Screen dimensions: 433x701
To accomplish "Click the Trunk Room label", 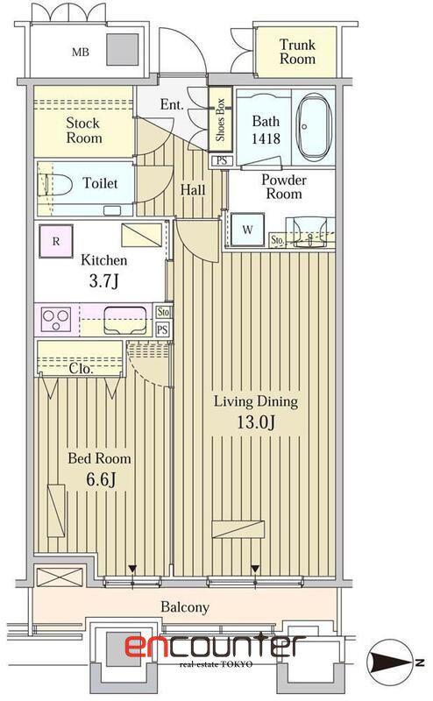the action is pyautogui.click(x=297, y=52).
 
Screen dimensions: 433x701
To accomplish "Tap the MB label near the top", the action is pyautogui.click(x=81, y=53).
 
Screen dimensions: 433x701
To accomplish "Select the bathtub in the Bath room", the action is pyautogui.click(x=315, y=127).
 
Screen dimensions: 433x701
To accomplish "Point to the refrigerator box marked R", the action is pyautogui.click(x=56, y=242).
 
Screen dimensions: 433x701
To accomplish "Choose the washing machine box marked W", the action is pyautogui.click(x=247, y=230).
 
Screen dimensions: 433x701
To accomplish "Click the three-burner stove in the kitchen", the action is pyautogui.click(x=56, y=319).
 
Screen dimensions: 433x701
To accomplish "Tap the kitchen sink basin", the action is pyautogui.click(x=125, y=320).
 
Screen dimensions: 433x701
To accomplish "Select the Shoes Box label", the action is pyautogui.click(x=220, y=120).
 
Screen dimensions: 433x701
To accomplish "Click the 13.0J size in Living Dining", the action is pyautogui.click(x=255, y=421).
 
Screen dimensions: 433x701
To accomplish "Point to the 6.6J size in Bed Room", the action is pyautogui.click(x=100, y=479).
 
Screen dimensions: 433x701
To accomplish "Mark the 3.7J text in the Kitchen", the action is pyautogui.click(x=103, y=280).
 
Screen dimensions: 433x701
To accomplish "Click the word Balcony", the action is pyautogui.click(x=185, y=607).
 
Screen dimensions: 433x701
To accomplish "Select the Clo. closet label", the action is pyautogui.click(x=81, y=369).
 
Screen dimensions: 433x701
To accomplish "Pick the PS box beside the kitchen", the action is pyautogui.click(x=162, y=330).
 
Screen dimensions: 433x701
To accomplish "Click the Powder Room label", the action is pyautogui.click(x=284, y=187).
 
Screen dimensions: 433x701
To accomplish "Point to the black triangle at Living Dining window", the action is pyautogui.click(x=255, y=569).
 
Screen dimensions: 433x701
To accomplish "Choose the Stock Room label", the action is pyautogui.click(x=83, y=130).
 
